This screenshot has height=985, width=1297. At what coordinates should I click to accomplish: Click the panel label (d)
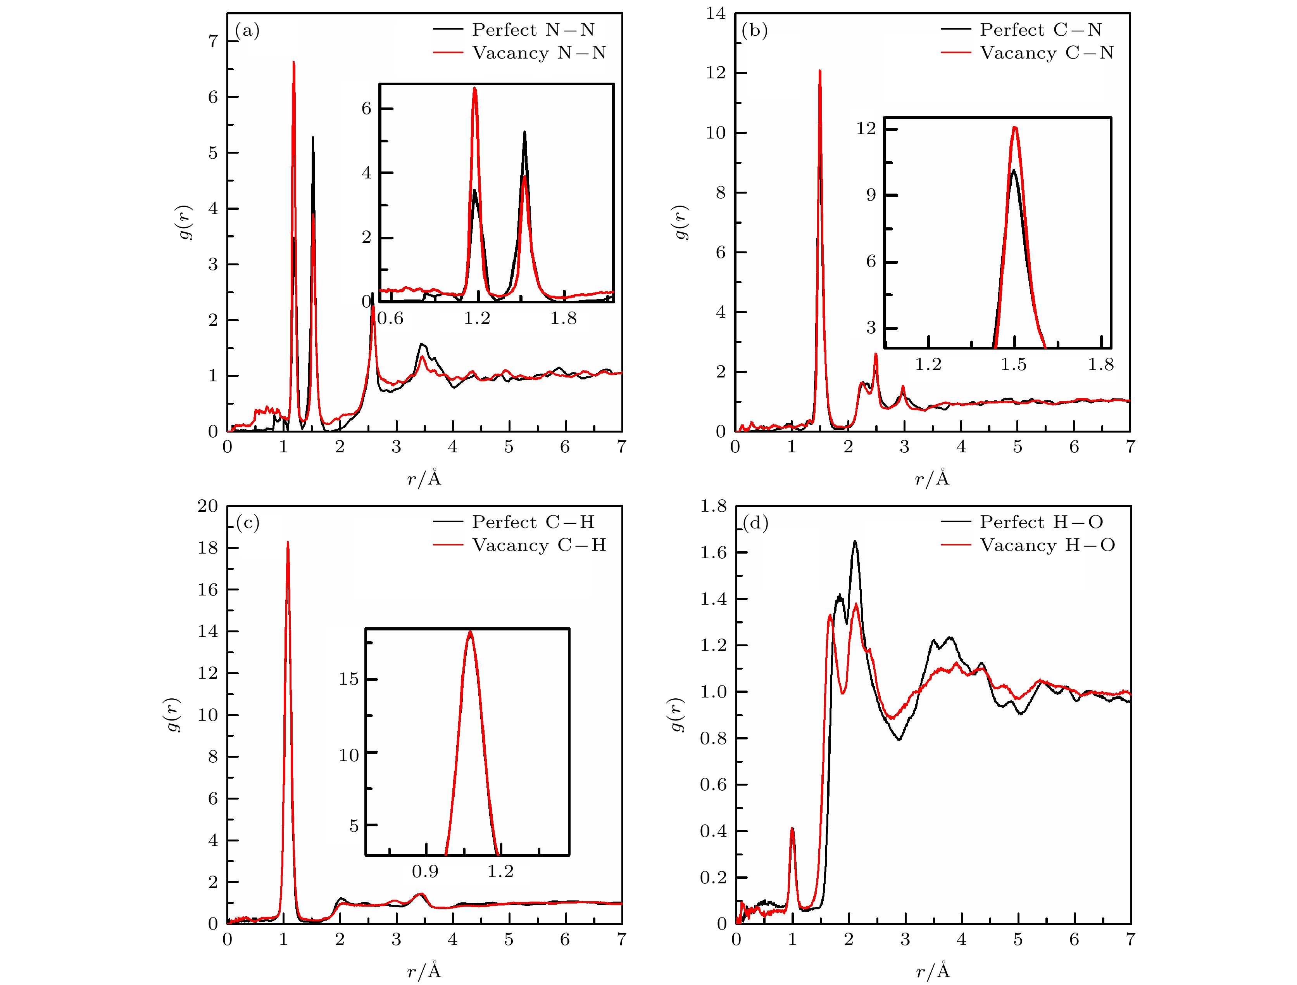[755, 523]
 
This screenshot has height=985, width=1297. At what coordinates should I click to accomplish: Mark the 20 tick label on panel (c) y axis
[207, 506]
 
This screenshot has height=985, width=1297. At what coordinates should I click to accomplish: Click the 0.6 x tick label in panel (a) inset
[390, 319]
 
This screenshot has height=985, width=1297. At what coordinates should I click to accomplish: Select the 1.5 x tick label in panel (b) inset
[1014, 365]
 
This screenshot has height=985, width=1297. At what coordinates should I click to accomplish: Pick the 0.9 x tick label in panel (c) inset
[425, 871]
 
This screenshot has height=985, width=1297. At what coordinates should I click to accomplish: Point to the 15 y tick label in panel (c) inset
[348, 679]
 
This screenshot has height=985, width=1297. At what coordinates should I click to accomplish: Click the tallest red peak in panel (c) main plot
[287, 543]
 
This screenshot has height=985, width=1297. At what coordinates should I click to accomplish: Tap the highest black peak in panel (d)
[855, 542]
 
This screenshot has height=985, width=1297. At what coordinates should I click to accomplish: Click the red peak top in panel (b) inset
[1014, 127]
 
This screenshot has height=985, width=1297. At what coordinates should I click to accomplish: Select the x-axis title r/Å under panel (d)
[932, 971]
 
